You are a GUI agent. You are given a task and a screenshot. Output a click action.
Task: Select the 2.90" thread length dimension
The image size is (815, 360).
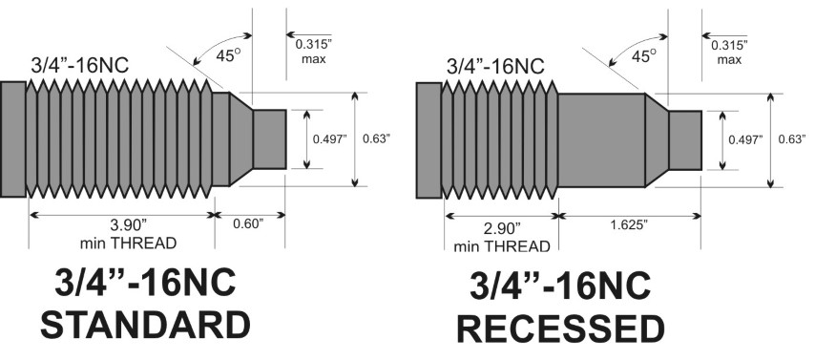pyautogui.click(x=499, y=229)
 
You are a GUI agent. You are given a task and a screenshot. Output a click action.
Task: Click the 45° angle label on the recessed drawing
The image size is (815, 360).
pyautogui.click(x=644, y=56)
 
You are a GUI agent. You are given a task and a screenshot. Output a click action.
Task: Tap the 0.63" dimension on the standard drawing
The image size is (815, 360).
pyautogui.click(x=377, y=138)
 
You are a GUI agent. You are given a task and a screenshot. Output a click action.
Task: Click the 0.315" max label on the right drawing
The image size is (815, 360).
pyautogui.click(x=727, y=52)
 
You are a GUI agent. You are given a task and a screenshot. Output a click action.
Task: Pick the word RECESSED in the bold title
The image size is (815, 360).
pyautogui.click(x=559, y=328)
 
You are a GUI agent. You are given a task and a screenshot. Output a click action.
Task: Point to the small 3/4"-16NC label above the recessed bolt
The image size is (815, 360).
pyautogui.click(x=495, y=66)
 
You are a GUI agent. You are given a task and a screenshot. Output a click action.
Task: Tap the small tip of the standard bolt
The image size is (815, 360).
pyautogui.click(x=268, y=138)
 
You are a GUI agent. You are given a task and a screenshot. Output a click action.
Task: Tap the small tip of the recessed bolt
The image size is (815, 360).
pyautogui.click(x=684, y=139)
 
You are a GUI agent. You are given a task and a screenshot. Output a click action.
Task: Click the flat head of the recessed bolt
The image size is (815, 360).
pyautogui.click(x=428, y=139)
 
